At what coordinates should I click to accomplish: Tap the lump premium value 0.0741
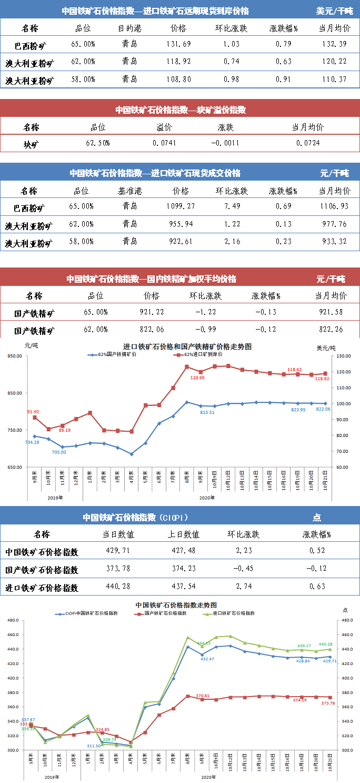(x=164, y=143)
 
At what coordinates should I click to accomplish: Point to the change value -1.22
(x=205, y=312)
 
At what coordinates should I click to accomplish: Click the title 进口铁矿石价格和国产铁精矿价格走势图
(x=187, y=346)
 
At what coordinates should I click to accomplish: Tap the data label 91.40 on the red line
(x=33, y=411)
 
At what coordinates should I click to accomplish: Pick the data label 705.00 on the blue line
(x=58, y=452)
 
